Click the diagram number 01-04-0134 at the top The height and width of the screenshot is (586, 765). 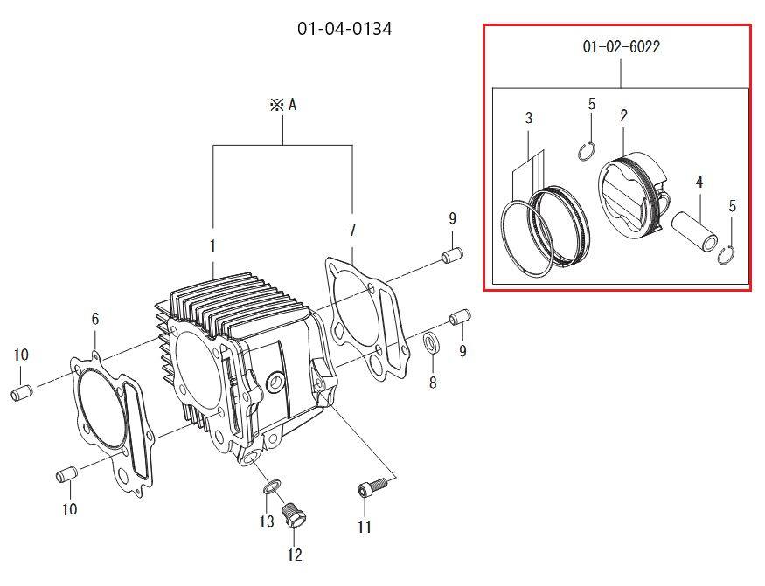tap(344, 29)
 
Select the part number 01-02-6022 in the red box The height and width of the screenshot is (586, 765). tap(621, 47)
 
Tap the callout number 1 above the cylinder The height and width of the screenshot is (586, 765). tap(212, 246)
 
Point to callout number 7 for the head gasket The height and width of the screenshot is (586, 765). tap(352, 230)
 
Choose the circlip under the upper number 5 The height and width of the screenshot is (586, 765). tap(587, 152)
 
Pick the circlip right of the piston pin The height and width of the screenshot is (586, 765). tap(727, 256)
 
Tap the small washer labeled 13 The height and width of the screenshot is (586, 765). tap(272, 486)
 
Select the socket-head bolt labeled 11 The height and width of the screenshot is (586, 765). tap(373, 486)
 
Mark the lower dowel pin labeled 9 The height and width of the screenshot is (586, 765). tap(460, 316)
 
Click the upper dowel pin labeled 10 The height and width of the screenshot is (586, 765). tap(22, 392)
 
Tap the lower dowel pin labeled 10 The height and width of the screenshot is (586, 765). tap(66, 475)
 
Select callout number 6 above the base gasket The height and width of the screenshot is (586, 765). tap(95, 319)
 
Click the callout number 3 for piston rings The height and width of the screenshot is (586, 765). tap(529, 118)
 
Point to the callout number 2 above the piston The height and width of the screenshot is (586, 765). tap(623, 116)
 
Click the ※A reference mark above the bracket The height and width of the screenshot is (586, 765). tap(283, 105)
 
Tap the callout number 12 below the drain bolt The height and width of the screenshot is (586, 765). tap(295, 555)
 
